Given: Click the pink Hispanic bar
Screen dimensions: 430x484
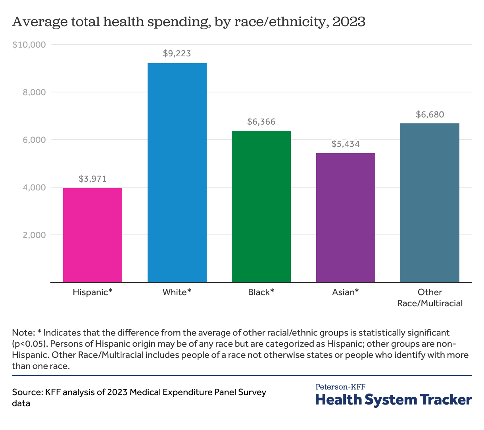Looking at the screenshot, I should coord(92,235).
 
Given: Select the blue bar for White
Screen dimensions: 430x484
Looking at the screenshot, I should coord(177,173).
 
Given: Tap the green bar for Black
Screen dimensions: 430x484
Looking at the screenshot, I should coord(261,206).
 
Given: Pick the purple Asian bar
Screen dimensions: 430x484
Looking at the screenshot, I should coord(346,217).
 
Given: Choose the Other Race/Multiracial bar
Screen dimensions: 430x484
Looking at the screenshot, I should coord(430,203).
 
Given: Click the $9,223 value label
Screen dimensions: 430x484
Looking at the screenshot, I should coord(177,53).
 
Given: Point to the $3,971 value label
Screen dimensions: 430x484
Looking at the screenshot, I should coord(92,179).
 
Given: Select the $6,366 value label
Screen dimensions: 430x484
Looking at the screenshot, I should coord(261,121).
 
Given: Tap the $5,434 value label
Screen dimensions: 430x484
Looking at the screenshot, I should coord(346,144).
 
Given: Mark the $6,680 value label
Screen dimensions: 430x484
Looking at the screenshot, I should coord(430,114).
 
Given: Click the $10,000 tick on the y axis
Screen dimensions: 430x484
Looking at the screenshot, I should coord(29,44).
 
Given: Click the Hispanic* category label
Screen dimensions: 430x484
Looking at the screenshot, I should coord(92,292).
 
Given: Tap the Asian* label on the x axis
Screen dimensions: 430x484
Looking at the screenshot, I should coord(346,292).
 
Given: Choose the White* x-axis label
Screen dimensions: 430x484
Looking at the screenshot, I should coord(177,292).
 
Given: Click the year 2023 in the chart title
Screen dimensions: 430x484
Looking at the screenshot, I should coord(349,21).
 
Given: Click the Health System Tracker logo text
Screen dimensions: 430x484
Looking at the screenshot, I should coord(394,399).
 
